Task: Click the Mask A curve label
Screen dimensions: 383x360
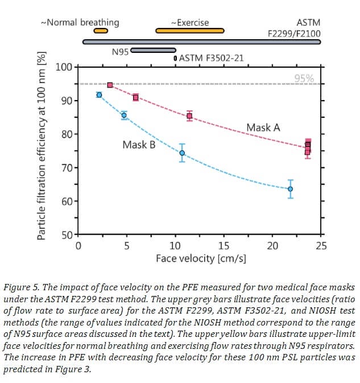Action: [263, 127]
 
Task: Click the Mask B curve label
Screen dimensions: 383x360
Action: [139, 145]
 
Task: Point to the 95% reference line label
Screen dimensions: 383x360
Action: [304, 79]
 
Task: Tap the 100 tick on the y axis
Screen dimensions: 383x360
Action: [64, 67]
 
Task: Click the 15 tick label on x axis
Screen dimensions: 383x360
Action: [224, 246]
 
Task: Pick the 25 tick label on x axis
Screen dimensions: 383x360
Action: [321, 246]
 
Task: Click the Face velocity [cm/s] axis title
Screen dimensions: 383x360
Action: [201, 258]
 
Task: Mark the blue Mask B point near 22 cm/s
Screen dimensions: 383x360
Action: [290, 189]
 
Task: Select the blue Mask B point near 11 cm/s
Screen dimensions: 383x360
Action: [182, 153]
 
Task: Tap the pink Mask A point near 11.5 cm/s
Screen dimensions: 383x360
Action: [189, 116]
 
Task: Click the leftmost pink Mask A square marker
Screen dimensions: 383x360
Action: [110, 85]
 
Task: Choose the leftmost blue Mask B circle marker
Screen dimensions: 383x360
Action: [99, 95]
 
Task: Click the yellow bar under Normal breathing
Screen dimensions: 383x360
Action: [101, 31]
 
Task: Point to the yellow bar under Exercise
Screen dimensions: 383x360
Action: [189, 31]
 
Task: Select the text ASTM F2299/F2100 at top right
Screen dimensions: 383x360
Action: [293, 28]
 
